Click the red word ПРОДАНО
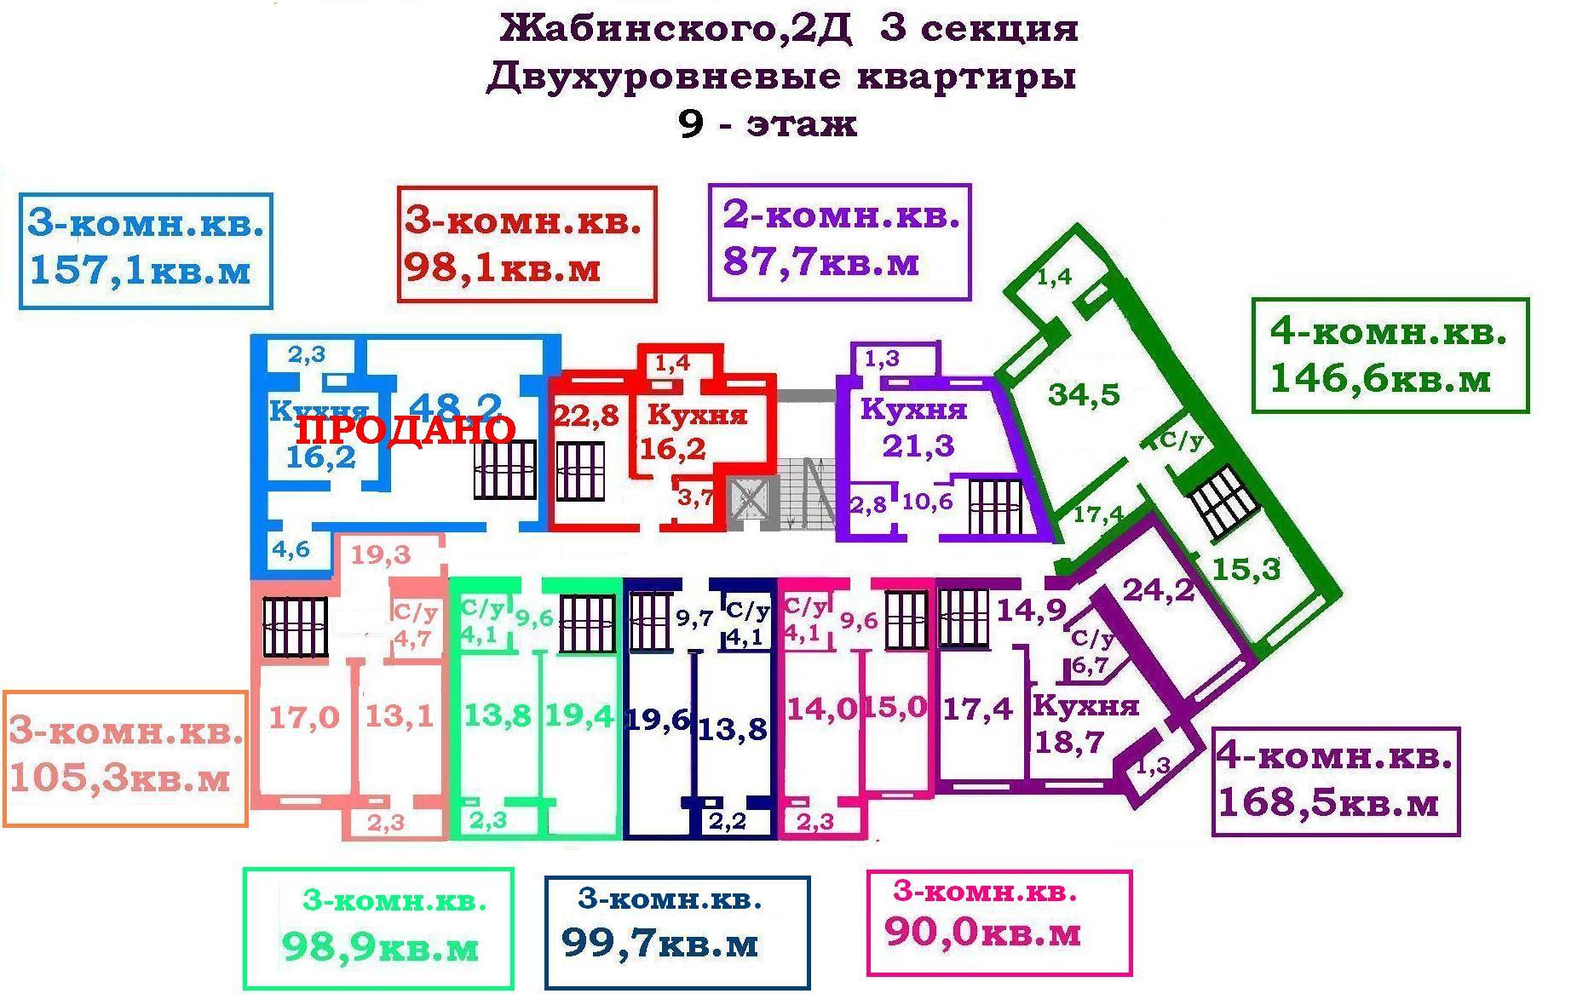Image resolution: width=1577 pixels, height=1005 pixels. point(406,429)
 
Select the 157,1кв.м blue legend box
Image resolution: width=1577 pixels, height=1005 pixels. point(146,250)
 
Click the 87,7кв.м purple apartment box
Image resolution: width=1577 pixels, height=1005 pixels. point(839,242)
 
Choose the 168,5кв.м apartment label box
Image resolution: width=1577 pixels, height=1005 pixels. point(1335,780)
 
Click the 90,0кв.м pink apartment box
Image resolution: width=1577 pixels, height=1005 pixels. point(999,922)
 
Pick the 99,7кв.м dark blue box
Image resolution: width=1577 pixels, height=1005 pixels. point(676,932)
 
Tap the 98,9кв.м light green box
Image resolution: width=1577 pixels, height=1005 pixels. point(378,928)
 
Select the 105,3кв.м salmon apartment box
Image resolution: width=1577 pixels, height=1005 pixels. point(125,758)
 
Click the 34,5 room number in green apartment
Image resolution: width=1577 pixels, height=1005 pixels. point(1084,394)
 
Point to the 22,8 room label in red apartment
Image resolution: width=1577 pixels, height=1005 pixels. point(586,416)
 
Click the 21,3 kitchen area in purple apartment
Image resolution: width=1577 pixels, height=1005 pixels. point(918,445)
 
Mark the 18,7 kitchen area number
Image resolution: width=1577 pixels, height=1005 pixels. point(1069,742)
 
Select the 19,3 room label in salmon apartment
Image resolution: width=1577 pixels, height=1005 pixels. point(381,555)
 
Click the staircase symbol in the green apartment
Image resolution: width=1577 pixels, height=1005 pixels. point(1223,503)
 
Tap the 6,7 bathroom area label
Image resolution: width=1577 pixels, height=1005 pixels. point(1090,665)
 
